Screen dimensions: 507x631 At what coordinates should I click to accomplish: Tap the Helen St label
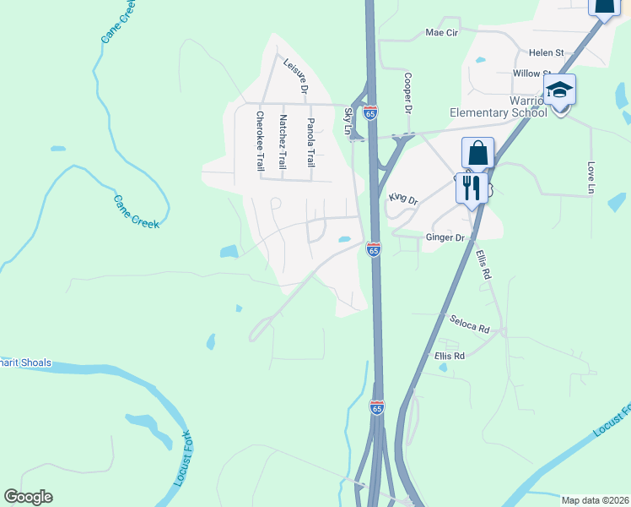point(544,52)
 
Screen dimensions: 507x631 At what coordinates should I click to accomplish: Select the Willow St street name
point(531,74)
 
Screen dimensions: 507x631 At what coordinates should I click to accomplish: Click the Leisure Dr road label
point(296,75)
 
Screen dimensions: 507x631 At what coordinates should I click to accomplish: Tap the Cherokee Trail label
point(260,141)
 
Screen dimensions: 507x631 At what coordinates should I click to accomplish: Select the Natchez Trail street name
point(283,142)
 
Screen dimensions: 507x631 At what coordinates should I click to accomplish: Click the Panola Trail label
point(310,139)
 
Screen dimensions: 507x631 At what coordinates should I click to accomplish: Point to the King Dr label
point(403,198)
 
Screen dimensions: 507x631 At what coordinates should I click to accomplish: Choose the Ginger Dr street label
point(445,238)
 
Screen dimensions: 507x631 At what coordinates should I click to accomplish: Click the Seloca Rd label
point(470,324)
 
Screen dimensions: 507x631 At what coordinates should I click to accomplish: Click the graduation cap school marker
point(559,90)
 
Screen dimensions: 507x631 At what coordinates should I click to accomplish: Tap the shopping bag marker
point(477,154)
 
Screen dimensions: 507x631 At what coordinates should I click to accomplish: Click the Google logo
point(28,497)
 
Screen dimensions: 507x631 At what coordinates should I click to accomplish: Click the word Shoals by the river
point(33,363)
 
